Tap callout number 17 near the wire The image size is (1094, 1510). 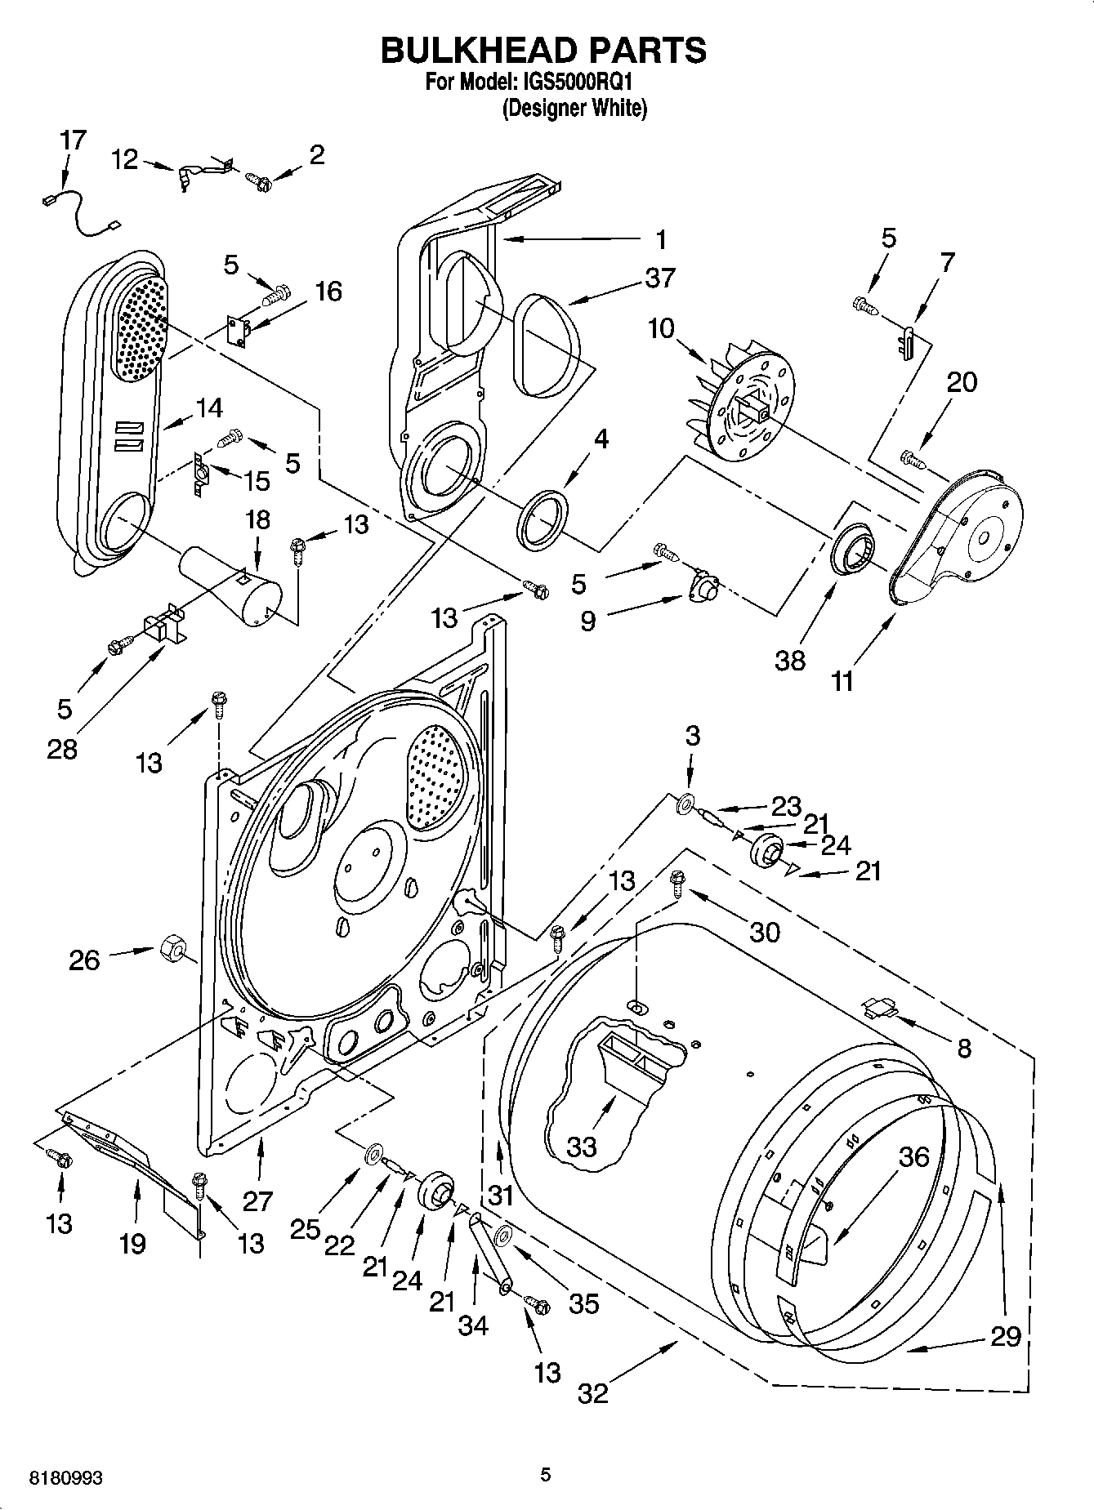(73, 140)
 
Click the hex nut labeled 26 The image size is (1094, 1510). (172, 947)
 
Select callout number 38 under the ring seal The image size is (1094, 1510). (790, 660)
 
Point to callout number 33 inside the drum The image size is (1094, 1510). (582, 1147)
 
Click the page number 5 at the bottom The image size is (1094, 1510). (546, 1474)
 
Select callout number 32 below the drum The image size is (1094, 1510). (592, 1392)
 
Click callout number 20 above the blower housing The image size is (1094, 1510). (961, 382)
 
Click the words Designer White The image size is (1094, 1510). (574, 108)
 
